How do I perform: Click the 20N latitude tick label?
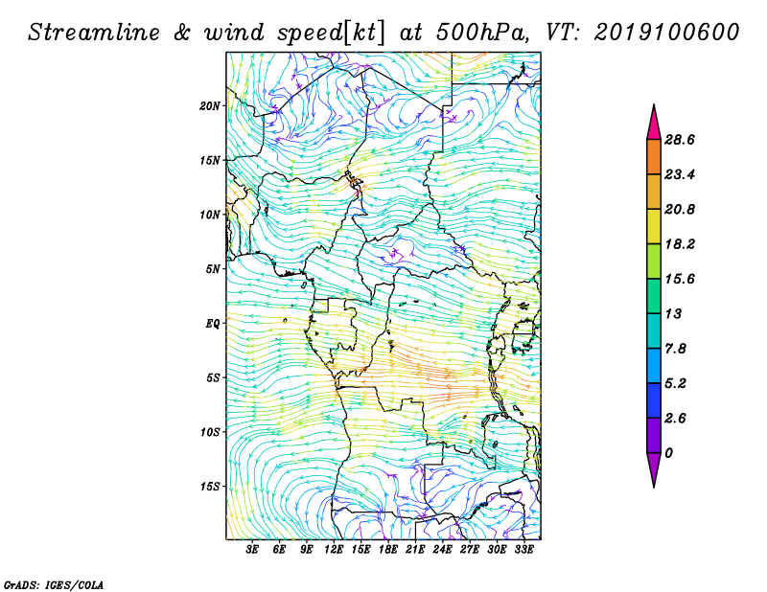(x=210, y=106)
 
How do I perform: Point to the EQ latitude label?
(x=213, y=324)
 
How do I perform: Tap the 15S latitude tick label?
(x=210, y=487)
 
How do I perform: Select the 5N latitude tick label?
(x=213, y=269)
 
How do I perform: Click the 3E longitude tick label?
(x=252, y=550)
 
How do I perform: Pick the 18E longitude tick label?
(x=388, y=550)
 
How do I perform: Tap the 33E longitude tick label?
(x=523, y=550)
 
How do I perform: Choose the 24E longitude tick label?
(x=442, y=550)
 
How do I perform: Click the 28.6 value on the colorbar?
(x=680, y=140)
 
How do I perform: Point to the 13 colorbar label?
(x=673, y=313)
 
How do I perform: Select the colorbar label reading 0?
(x=668, y=453)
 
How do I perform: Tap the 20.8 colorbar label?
(x=680, y=209)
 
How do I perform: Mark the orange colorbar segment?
(x=654, y=157)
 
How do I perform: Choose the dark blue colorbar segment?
(x=654, y=400)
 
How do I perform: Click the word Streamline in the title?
(x=93, y=33)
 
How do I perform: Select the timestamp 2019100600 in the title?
(x=666, y=33)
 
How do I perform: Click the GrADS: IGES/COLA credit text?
(x=54, y=584)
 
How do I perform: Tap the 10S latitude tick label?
(x=210, y=432)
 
